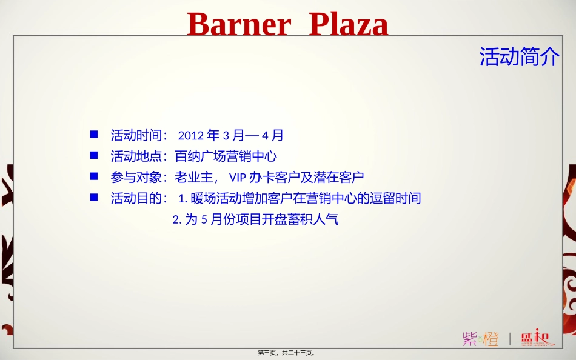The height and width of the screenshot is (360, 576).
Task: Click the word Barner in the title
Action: click(239, 25)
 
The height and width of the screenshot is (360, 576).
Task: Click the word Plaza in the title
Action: click(349, 25)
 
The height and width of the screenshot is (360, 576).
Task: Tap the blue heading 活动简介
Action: click(520, 57)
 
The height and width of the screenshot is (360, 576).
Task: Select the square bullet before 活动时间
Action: click(94, 133)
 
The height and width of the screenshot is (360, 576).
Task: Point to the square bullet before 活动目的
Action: click(94, 197)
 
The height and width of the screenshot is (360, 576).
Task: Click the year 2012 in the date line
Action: click(191, 135)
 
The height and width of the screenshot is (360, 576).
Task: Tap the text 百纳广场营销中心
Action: click(226, 156)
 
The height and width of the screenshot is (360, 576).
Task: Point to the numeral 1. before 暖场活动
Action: click(183, 199)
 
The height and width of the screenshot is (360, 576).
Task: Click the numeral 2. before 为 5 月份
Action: click(177, 220)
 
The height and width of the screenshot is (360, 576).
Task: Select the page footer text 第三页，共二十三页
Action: click(287, 353)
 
